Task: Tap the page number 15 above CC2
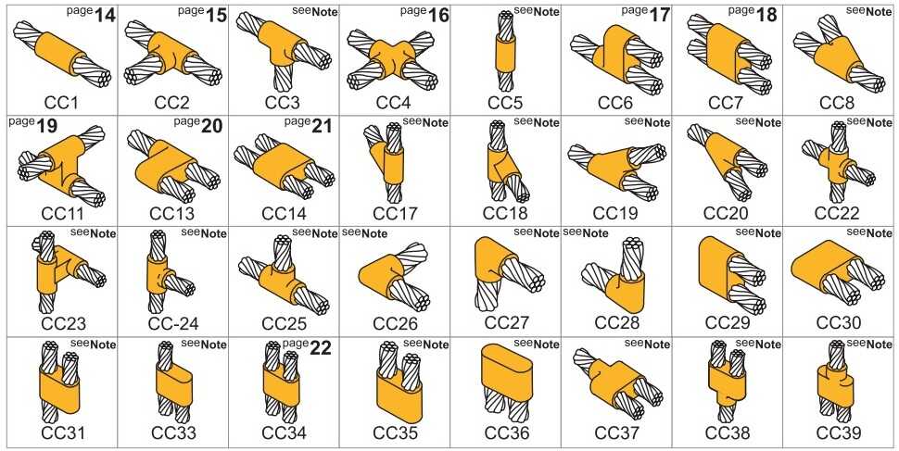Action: click(215, 16)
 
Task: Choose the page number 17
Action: click(659, 16)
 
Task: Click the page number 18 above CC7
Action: click(768, 16)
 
